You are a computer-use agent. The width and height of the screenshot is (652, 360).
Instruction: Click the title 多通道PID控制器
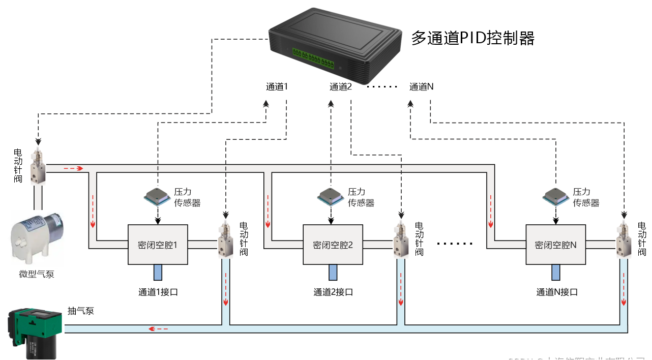(x=472, y=38)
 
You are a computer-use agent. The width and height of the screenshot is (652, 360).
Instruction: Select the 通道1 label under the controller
(x=277, y=87)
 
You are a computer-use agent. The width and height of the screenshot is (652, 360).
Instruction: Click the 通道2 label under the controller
(x=341, y=87)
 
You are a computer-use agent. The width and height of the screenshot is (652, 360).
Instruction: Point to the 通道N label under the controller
(x=421, y=87)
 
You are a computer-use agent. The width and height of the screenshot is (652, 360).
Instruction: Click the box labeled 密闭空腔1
(x=158, y=245)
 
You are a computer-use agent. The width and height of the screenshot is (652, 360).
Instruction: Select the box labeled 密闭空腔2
(x=333, y=245)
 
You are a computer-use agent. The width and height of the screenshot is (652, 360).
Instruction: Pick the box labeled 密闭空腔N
(x=555, y=245)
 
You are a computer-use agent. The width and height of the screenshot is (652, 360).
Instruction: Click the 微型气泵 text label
(x=37, y=275)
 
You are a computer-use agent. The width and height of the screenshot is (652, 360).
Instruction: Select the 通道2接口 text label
(x=333, y=292)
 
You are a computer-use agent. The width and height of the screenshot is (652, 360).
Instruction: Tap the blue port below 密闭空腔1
(x=158, y=273)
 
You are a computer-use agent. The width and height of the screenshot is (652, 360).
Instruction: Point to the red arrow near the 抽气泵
(x=158, y=329)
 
